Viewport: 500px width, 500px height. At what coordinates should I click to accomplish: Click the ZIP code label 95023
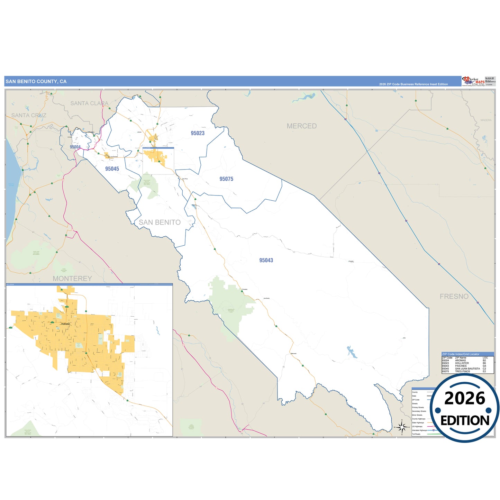pyautogui.click(x=198, y=133)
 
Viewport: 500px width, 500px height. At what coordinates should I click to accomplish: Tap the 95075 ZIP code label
pyautogui.click(x=226, y=179)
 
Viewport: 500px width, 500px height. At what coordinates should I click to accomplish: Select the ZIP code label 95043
pyautogui.click(x=266, y=260)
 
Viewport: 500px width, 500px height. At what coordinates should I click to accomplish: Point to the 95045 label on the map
pyautogui.click(x=112, y=169)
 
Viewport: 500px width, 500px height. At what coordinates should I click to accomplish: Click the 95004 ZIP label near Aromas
pyautogui.click(x=75, y=147)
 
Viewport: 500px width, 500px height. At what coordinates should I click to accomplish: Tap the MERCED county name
pyautogui.click(x=301, y=126)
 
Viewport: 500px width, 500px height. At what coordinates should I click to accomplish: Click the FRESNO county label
pyautogui.click(x=454, y=297)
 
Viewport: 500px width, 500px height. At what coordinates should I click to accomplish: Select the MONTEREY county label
pyautogui.click(x=72, y=279)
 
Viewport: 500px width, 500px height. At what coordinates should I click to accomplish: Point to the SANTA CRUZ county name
pyautogui.click(x=29, y=115)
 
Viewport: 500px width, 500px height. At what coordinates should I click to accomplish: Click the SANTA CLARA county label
pyautogui.click(x=89, y=103)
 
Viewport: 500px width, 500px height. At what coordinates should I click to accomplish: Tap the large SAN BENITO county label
pyautogui.click(x=160, y=222)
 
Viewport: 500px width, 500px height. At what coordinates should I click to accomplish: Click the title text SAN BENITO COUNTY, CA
pyautogui.click(x=36, y=82)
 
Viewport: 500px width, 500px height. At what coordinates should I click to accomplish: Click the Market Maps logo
pyautogui.click(x=473, y=81)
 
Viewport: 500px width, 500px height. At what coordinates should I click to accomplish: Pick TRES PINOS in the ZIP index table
pyautogui.click(x=462, y=371)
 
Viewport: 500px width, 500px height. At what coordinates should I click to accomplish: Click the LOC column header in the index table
pyautogui.click(x=485, y=358)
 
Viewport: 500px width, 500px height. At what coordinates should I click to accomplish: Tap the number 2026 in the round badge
pyautogui.click(x=465, y=398)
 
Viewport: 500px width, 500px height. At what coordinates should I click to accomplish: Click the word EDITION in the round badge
pyautogui.click(x=465, y=420)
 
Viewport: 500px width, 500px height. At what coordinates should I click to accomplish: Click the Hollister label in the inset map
pyautogui.click(x=65, y=324)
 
